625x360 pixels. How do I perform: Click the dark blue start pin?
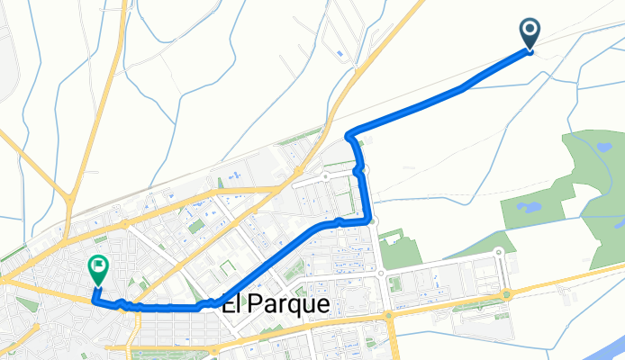(x=530, y=33)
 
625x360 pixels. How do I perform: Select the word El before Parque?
(x=231, y=306)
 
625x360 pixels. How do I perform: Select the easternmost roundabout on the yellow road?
(x=507, y=294)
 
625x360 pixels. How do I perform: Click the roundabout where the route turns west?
(x=368, y=219)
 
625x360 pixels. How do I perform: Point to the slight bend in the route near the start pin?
(x=463, y=87)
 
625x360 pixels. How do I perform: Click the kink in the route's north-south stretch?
(x=359, y=168)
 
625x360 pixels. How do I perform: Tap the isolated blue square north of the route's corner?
(x=339, y=54)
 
